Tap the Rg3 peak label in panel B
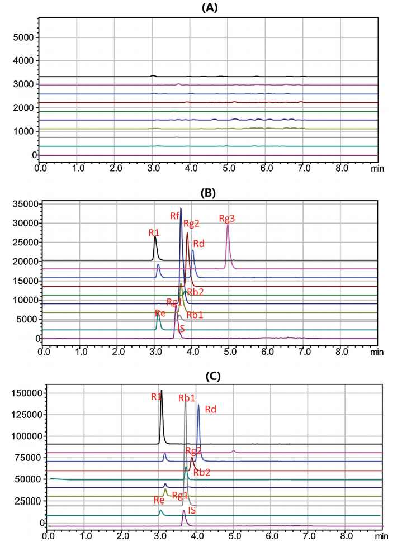226,219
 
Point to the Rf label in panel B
175,216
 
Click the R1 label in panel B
154,232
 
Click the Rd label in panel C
210,409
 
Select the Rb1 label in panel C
187,398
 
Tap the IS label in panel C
192,510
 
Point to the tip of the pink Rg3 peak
228,224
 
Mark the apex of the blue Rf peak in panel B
181,208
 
